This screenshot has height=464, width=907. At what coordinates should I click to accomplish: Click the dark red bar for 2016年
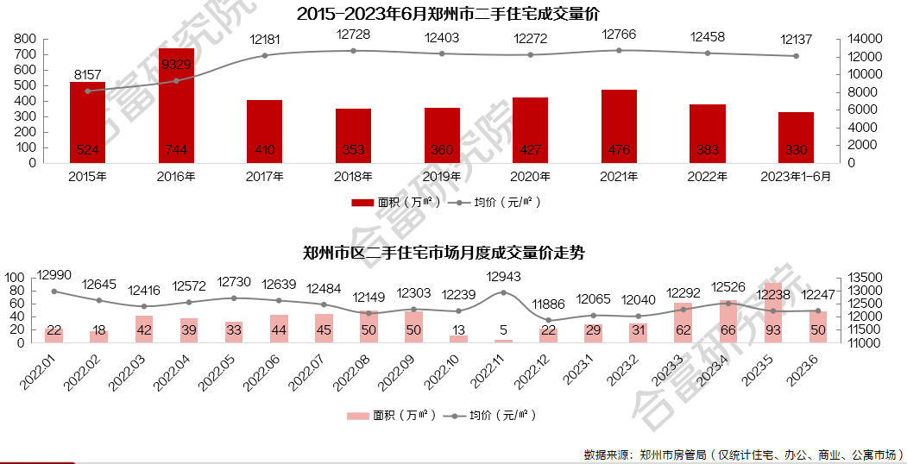[176, 104]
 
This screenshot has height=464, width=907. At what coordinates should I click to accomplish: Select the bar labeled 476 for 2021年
[619, 126]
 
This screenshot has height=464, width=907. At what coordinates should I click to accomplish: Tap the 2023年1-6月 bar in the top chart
[796, 137]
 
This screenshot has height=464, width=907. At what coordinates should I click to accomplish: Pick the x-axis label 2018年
[353, 177]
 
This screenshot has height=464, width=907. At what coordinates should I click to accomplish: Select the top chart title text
[447, 15]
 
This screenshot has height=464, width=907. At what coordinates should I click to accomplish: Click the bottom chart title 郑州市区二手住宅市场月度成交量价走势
[444, 254]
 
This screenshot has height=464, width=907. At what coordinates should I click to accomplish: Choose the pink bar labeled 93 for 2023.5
[772, 312]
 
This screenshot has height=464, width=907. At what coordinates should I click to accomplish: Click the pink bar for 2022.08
[368, 326]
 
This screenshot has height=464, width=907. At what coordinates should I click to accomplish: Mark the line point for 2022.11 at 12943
[503, 292]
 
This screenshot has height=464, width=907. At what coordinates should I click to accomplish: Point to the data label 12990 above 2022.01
[54, 275]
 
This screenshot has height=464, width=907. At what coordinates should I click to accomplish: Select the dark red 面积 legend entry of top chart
[396, 203]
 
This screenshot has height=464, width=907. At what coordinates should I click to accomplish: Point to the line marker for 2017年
[265, 55]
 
